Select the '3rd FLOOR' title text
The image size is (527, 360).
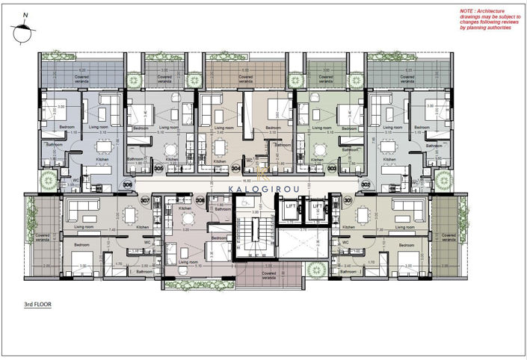(x=38, y=305)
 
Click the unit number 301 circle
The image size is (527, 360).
(x=348, y=199)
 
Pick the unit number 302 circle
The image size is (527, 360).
(x=366, y=183)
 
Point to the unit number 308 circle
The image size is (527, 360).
(x=200, y=200)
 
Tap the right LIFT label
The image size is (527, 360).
(x=317, y=206)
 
